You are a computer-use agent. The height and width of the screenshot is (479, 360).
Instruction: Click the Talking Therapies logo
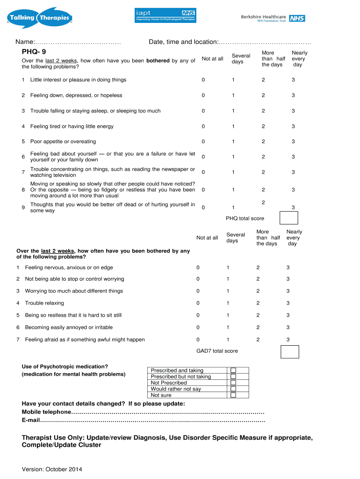pyautogui.click(x=39, y=18)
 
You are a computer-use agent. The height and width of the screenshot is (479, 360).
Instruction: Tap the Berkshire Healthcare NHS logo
pyautogui.click(x=273, y=18)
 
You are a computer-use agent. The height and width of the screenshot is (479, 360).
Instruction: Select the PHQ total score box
pyautogui.click(x=288, y=218)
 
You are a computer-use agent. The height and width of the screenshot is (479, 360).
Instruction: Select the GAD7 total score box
pyautogui.click(x=289, y=351)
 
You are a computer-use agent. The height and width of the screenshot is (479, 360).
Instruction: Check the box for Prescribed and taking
pyautogui.click(x=233, y=370)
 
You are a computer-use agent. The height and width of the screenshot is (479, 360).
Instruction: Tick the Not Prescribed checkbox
pyautogui.click(x=233, y=383)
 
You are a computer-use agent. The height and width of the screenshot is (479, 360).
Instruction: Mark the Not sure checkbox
pyautogui.click(x=233, y=395)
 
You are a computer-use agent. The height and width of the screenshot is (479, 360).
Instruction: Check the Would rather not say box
pyautogui.click(x=233, y=389)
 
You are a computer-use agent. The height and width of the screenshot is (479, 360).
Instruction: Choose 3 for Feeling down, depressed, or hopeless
pyautogui.click(x=293, y=95)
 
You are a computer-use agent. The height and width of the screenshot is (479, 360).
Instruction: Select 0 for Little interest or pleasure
pyautogui.click(x=203, y=80)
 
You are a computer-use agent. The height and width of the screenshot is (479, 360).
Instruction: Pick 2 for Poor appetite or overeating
pyautogui.click(x=263, y=142)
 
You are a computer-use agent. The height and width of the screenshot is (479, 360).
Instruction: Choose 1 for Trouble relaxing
pyautogui.click(x=228, y=303)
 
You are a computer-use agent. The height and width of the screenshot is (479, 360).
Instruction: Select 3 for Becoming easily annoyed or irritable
pyautogui.click(x=288, y=327)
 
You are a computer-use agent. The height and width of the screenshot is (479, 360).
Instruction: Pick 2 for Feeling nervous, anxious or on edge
pyautogui.click(x=257, y=268)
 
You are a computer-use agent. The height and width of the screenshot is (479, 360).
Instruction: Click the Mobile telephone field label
pyautogui.click(x=47, y=412)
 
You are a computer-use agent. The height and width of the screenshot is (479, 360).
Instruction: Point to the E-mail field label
pyautogui.click(x=31, y=421)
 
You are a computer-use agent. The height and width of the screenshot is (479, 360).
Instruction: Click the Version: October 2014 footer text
pyautogui.click(x=52, y=469)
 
